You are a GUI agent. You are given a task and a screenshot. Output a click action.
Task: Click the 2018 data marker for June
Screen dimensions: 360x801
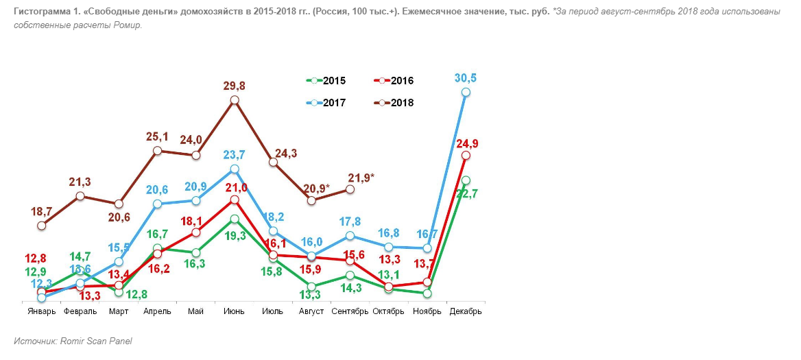235,100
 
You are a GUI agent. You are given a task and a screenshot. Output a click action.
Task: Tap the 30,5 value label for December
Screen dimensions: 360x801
466,78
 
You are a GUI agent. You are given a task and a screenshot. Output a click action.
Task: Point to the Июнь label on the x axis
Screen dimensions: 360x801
235,311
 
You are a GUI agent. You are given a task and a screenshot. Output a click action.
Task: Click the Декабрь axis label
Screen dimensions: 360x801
466,311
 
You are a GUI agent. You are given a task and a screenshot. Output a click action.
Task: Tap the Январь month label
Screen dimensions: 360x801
42,311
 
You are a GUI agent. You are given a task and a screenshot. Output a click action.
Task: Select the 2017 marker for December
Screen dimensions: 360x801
466,92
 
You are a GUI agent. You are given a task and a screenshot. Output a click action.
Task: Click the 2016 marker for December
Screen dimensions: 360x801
466,156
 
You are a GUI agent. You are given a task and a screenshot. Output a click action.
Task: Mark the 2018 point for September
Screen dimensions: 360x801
350,189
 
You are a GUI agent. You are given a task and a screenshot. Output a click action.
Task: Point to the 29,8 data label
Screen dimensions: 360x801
235,86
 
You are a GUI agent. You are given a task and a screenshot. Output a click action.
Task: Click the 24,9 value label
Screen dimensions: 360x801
466,143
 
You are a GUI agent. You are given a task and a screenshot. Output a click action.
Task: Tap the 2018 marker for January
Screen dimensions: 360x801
42,225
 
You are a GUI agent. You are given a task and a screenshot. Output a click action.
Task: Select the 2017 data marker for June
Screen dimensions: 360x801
235,169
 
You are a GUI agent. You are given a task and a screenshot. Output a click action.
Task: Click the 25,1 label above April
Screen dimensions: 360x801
158,136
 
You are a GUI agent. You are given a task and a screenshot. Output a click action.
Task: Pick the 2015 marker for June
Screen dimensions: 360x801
235,219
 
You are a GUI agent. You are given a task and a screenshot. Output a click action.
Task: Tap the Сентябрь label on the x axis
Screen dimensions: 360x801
350,311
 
